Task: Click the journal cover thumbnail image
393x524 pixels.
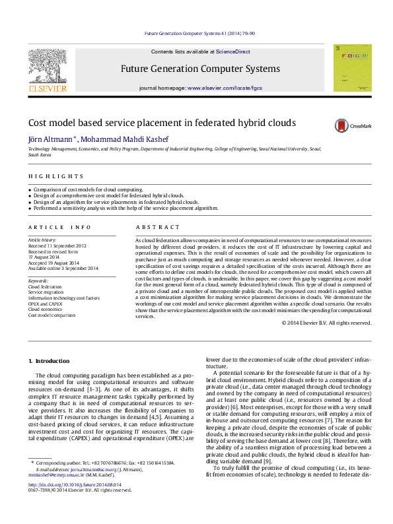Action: tap(352, 67)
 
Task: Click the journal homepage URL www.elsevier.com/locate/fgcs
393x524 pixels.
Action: tap(225, 88)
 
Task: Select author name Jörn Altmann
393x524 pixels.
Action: tap(50, 139)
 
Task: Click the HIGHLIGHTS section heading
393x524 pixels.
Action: tap(55, 176)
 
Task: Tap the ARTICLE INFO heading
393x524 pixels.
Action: tap(59, 226)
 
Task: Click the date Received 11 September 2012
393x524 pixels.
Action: tap(57, 246)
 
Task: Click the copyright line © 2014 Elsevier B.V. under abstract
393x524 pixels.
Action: tap(326, 323)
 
